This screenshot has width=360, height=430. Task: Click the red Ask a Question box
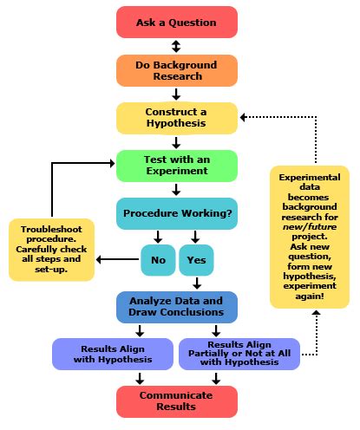click(x=176, y=22)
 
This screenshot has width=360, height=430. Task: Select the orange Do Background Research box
click(x=176, y=71)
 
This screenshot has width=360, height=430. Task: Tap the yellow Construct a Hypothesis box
click(x=176, y=118)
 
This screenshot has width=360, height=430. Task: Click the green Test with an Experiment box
click(x=176, y=165)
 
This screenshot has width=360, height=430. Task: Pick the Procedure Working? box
click(x=176, y=212)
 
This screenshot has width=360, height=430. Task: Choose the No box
click(x=157, y=258)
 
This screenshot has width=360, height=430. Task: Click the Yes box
click(x=195, y=258)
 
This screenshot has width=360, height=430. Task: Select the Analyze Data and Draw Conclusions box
click(x=176, y=306)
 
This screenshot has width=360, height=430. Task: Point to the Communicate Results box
click(x=176, y=400)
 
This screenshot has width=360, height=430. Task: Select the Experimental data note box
click(x=310, y=236)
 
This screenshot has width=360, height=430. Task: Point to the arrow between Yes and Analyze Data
click(x=196, y=283)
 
